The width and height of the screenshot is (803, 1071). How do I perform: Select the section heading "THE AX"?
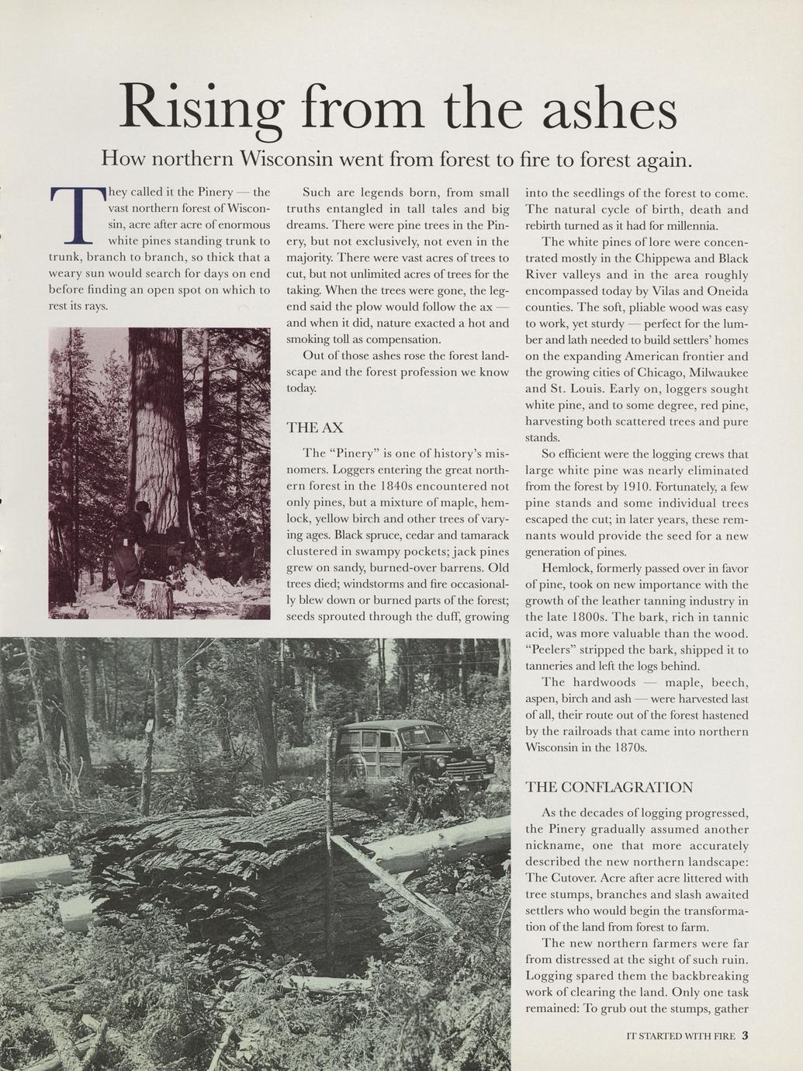314,428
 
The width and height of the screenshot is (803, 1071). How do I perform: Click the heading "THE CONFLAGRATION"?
609,787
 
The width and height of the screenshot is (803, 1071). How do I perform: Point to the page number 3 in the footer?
745,1035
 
